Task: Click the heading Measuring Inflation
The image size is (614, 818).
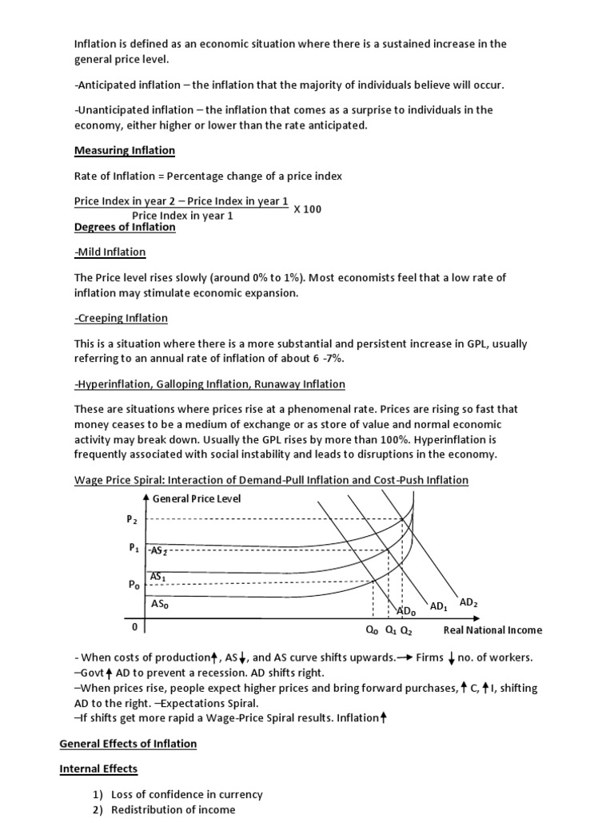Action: (124, 150)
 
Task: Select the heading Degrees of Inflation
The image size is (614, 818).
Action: (124, 227)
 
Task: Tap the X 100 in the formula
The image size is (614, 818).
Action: (308, 209)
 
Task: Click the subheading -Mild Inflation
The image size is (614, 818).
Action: (110, 252)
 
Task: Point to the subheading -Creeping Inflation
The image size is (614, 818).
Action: (121, 318)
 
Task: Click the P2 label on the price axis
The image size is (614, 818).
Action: (132, 519)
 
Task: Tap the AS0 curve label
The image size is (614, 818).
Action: (160, 605)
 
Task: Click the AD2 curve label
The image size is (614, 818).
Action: (469, 601)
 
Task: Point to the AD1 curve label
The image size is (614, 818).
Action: (439, 607)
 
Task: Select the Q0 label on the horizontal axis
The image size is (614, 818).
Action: (372, 629)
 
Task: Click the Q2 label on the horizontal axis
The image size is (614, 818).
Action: (406, 629)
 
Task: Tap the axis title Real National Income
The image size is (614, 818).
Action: (492, 629)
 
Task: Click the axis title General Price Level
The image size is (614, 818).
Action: (196, 498)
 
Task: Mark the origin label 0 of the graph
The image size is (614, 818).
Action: (135, 628)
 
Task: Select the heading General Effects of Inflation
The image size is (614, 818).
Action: (128, 744)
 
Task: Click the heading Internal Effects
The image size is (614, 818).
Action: (98, 769)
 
